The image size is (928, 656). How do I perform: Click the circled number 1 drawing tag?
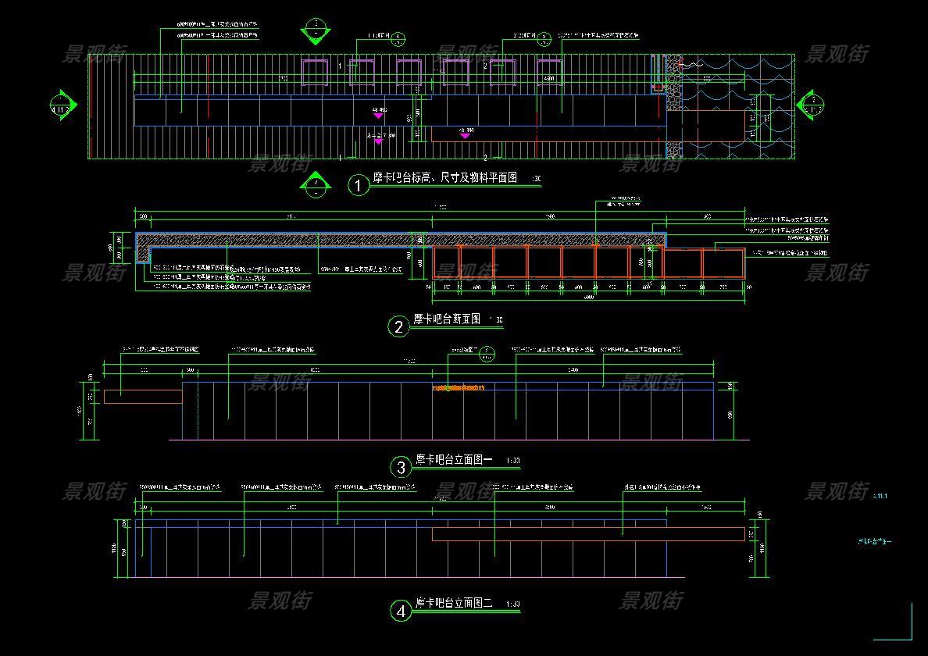(358, 185)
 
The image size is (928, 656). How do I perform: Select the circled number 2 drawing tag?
(399, 326)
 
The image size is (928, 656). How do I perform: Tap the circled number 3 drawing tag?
(401, 468)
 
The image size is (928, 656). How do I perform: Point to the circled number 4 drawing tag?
(401, 611)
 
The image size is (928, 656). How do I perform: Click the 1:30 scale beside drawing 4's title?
(513, 604)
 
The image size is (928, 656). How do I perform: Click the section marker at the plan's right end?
(811, 104)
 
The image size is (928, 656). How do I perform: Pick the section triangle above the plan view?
(316, 32)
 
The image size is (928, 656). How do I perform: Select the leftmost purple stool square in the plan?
(315, 72)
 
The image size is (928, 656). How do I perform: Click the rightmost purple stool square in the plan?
(549, 72)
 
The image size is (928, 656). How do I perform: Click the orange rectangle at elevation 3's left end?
(143, 397)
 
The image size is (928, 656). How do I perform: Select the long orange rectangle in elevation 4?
(588, 534)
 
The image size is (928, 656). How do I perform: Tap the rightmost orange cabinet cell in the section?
(724, 263)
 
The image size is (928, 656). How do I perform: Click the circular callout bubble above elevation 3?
(486, 353)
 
